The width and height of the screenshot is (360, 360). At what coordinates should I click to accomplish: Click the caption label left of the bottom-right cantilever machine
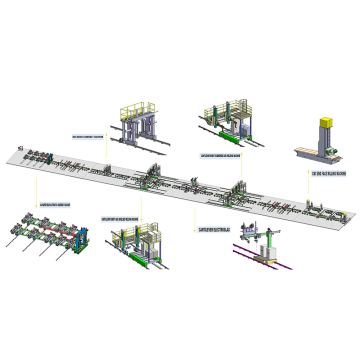[x=215, y=227]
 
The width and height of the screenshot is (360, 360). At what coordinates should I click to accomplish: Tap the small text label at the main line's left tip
[x=20, y=148]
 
